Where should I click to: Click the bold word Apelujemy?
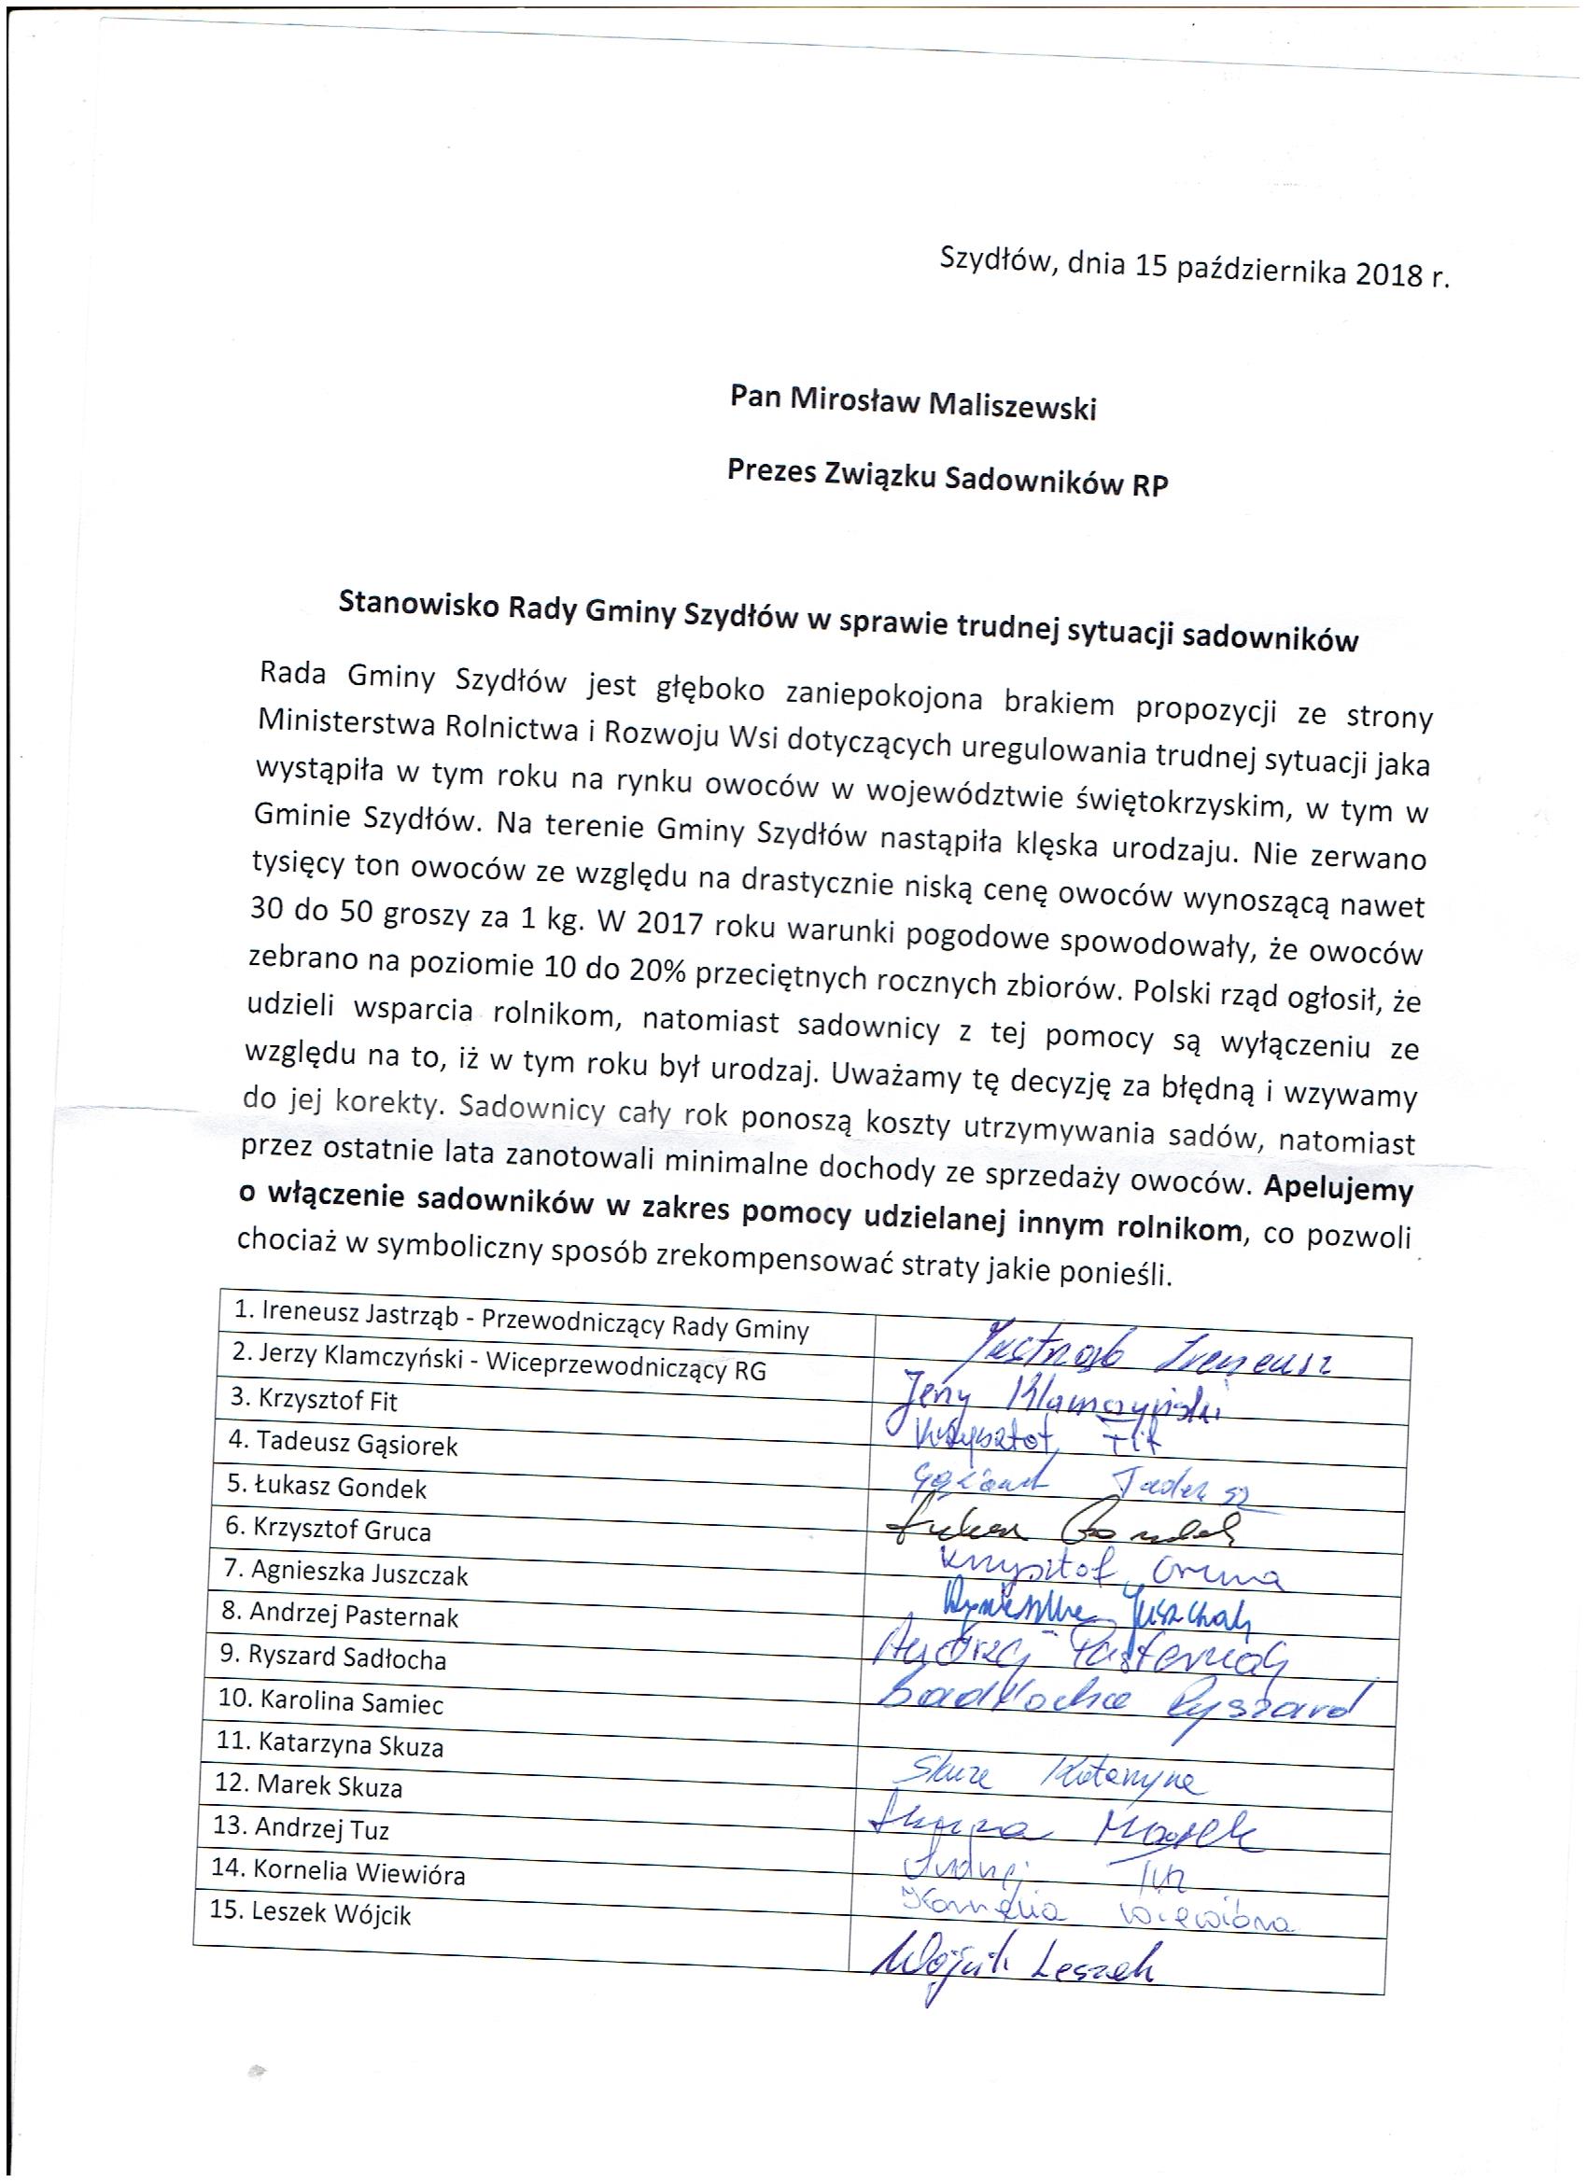1338,1190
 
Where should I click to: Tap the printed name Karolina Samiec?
330,1702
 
